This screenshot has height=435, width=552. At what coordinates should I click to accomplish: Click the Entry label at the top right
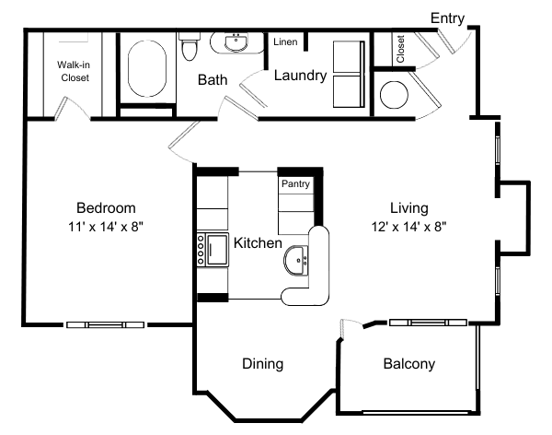447,17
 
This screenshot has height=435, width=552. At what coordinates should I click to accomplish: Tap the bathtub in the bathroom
145,69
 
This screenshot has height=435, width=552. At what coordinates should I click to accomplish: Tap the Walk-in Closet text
74,72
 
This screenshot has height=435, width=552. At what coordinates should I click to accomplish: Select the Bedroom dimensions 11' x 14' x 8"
106,225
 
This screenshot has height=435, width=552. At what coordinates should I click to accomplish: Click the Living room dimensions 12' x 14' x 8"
408,225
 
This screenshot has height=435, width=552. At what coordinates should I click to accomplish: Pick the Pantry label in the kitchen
295,184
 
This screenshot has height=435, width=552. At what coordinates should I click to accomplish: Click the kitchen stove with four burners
200,250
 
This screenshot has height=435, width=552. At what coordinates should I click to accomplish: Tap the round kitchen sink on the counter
297,262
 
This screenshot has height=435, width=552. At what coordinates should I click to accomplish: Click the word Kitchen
257,243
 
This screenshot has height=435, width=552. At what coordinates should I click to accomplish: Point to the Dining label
262,364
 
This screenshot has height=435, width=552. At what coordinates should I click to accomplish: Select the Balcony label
408,364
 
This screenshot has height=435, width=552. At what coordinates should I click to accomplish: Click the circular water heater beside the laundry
394,94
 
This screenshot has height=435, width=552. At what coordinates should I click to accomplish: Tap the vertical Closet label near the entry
401,49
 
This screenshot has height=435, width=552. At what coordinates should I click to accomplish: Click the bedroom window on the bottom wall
106,324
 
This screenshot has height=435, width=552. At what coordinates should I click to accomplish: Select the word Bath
213,80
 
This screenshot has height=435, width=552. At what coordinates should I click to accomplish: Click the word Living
408,207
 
